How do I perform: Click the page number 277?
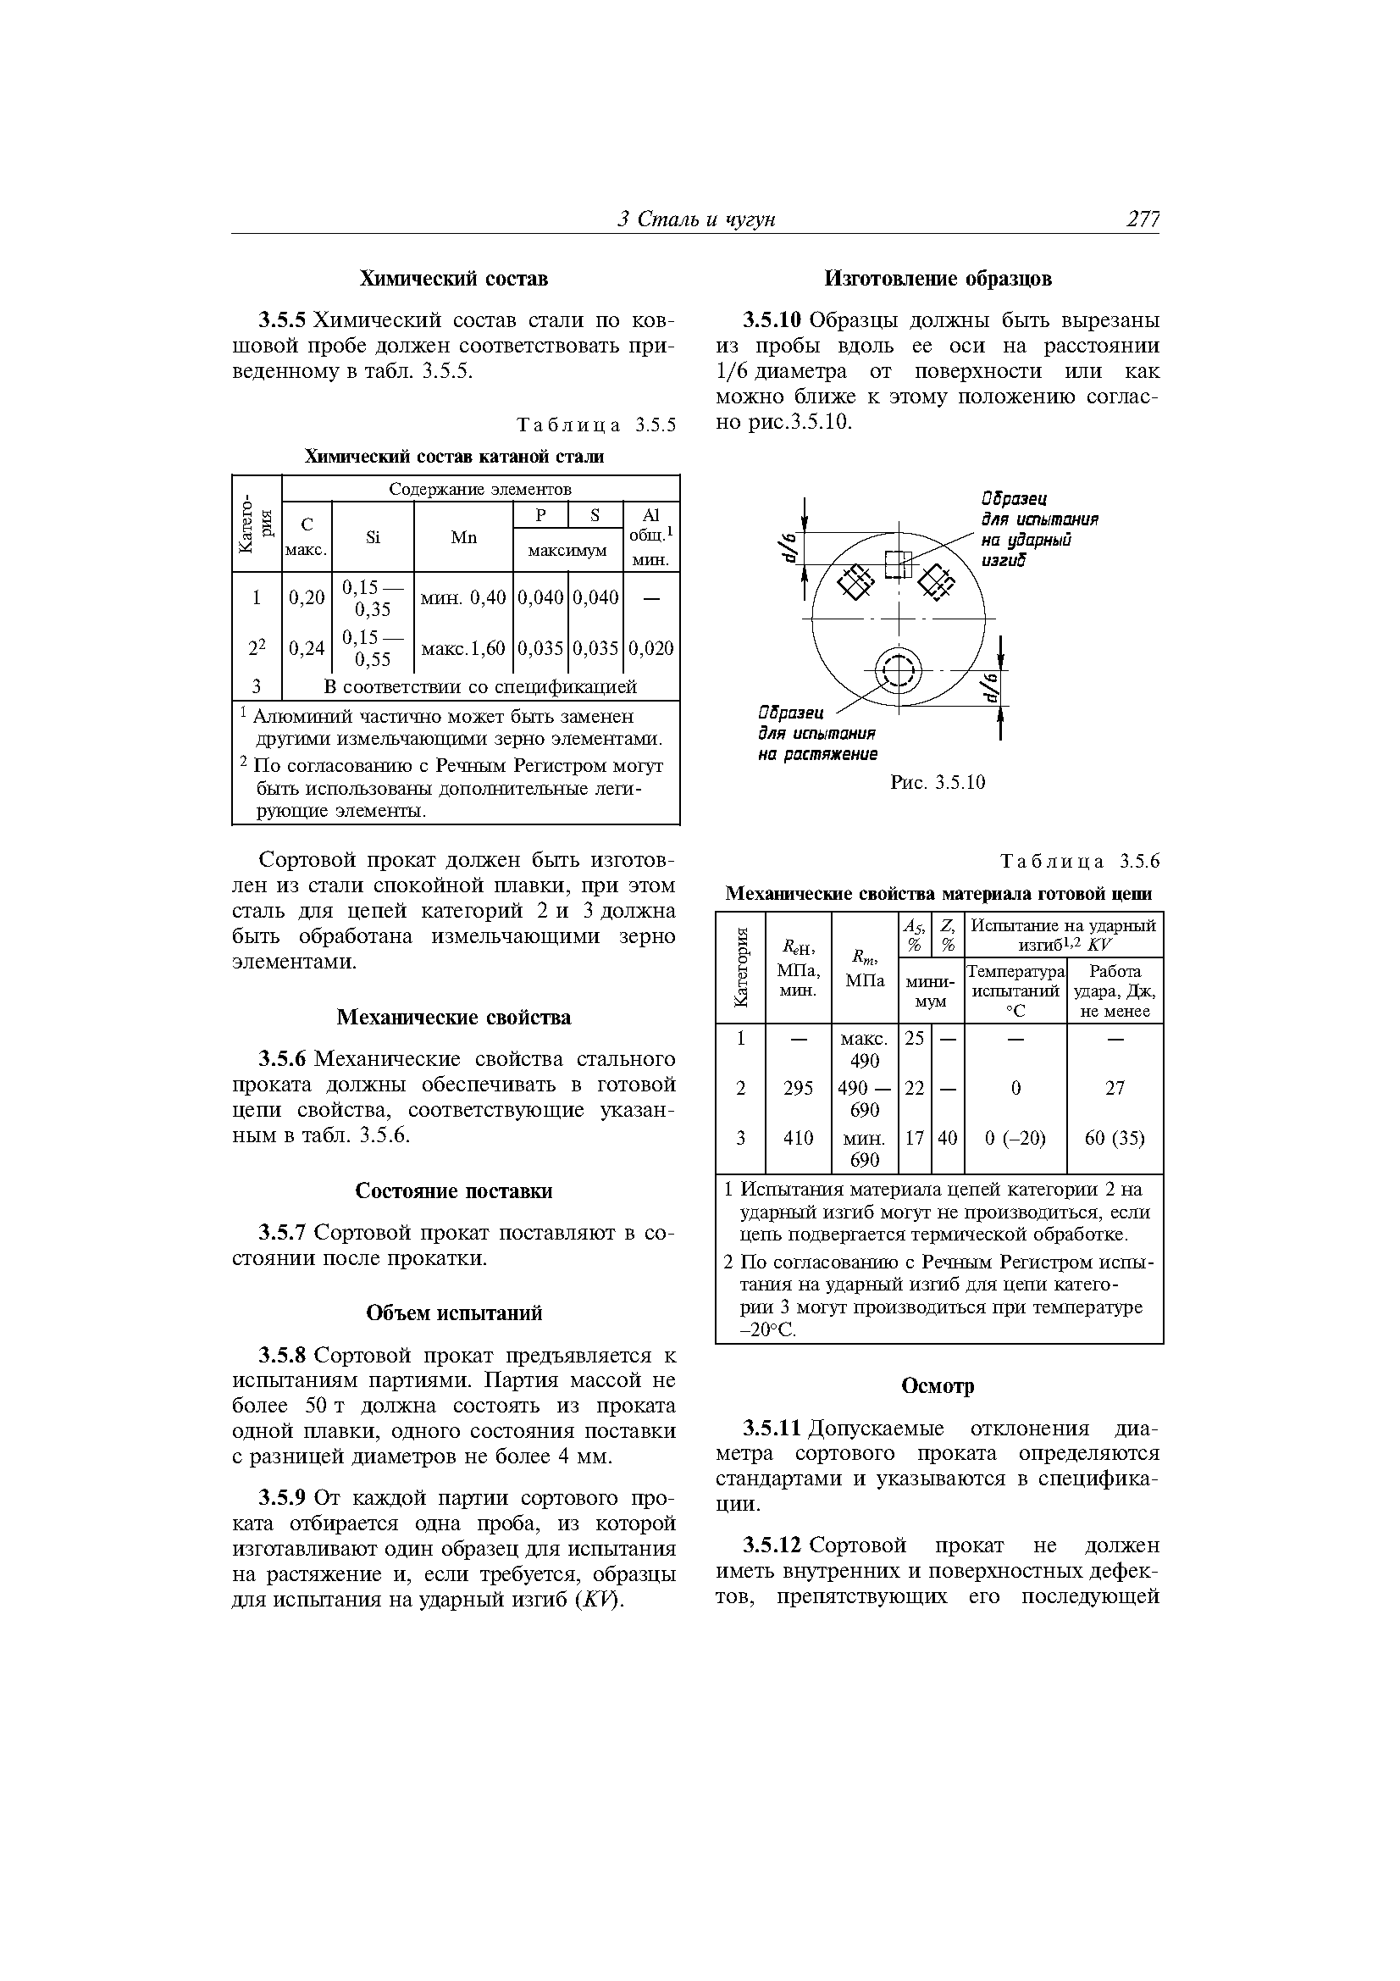click(x=1142, y=220)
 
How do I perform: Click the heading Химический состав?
click(x=453, y=279)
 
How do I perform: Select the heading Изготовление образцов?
click(x=938, y=279)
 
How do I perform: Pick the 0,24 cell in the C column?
click(x=307, y=648)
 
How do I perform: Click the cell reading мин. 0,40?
click(x=462, y=597)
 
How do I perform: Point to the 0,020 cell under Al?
click(x=650, y=648)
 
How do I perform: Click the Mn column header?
click(x=463, y=537)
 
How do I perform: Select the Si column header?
click(x=373, y=537)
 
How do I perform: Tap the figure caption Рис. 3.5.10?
click(x=938, y=783)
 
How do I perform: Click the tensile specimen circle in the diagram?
click(x=898, y=668)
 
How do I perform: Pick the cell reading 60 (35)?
click(x=1115, y=1138)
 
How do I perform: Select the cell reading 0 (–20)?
click(x=1015, y=1138)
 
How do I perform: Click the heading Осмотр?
click(x=938, y=1385)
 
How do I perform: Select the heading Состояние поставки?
click(x=453, y=1190)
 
